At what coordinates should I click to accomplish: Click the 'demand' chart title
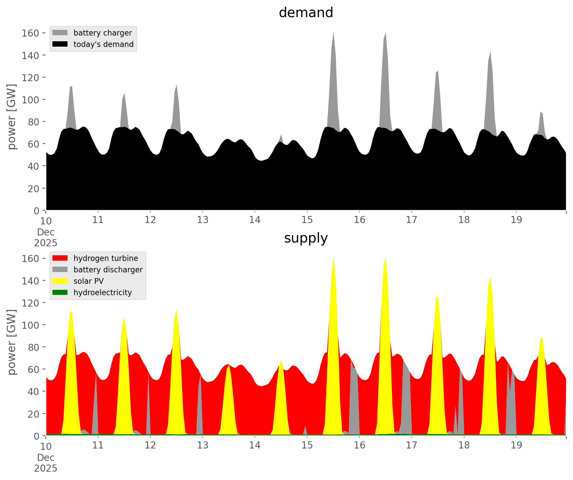coord(306,13)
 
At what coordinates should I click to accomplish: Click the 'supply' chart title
coord(306,238)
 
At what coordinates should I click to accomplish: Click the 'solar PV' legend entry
coord(89,281)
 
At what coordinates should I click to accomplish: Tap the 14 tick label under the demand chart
coord(255,220)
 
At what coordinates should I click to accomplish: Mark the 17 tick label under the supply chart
coord(411,445)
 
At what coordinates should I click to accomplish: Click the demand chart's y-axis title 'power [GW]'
coord(11,117)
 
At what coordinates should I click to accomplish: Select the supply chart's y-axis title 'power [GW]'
coord(11,342)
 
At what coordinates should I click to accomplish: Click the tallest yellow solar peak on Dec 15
coord(333,265)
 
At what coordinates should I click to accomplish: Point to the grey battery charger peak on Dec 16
coord(385,44)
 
